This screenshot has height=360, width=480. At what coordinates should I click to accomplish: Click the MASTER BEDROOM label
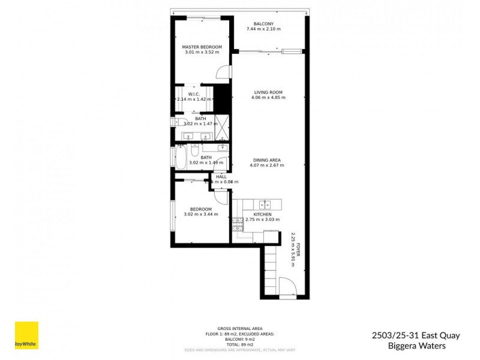tap(202, 47)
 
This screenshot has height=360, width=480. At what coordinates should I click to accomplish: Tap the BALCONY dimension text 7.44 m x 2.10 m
tap(263, 29)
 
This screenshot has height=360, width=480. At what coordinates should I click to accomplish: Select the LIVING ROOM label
tap(268, 92)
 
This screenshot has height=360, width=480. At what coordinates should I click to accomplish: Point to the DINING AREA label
tap(267, 160)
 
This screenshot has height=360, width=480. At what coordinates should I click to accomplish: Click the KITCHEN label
tap(262, 214)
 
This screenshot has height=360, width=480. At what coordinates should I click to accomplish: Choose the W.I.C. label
tap(193, 94)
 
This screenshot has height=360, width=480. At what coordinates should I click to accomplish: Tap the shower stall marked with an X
tap(221, 126)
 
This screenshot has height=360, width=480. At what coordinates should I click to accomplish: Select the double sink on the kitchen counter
tap(263, 203)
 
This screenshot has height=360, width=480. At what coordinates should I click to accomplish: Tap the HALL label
tap(221, 176)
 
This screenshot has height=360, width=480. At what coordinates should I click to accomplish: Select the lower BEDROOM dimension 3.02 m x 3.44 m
tap(200, 214)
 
